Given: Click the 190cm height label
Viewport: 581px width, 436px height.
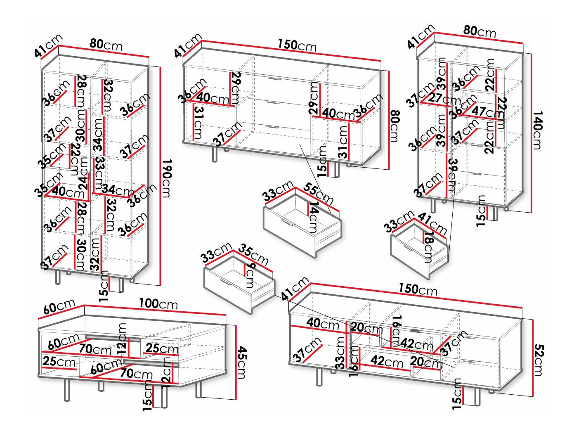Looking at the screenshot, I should (x=166, y=178).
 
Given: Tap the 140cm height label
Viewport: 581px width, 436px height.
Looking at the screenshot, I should (x=537, y=130).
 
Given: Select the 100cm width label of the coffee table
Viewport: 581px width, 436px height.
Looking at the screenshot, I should (x=158, y=304).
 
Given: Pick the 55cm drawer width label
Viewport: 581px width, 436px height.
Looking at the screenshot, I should (x=318, y=193).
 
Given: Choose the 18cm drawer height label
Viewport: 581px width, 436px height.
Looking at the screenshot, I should (x=428, y=247).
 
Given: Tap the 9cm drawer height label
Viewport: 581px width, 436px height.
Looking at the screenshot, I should (x=250, y=275).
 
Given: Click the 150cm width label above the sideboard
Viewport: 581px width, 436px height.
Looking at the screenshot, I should (x=297, y=45).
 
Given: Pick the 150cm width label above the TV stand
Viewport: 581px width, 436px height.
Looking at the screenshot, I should (x=418, y=289).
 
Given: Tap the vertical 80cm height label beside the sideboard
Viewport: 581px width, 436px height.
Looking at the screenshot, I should (x=394, y=126).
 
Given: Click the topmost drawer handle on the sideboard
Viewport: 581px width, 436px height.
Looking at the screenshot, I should (x=274, y=78).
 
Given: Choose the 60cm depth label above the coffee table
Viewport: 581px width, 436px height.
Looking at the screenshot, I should (x=59, y=307).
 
